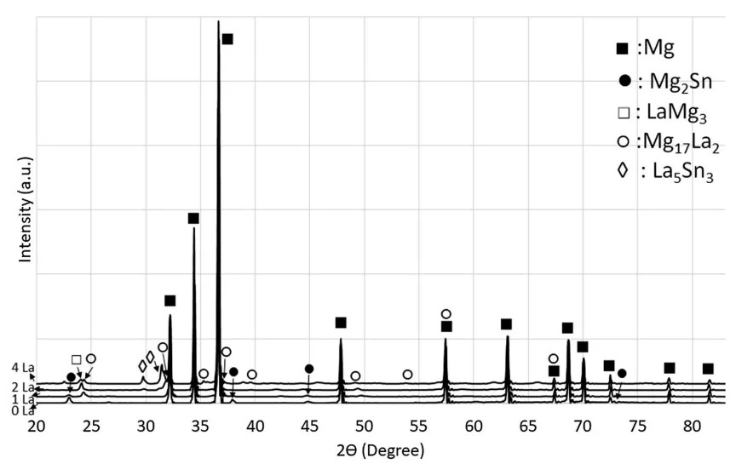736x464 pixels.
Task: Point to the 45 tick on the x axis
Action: pyautogui.click(x=309, y=422)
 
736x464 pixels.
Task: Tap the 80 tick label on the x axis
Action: pyautogui.click(x=691, y=422)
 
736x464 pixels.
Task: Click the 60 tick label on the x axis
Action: pyautogui.click(x=473, y=422)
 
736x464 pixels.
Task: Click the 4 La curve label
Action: pyautogui.click(x=21, y=368)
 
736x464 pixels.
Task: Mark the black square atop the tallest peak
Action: pyautogui.click(x=227, y=39)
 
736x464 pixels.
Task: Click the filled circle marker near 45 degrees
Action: pyautogui.click(x=309, y=369)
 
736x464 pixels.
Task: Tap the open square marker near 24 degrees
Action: pyautogui.click(x=77, y=360)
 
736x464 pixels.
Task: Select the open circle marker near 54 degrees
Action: pyautogui.click(x=407, y=375)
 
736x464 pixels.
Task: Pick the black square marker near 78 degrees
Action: pyautogui.click(x=670, y=368)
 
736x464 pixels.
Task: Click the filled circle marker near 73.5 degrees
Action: pyautogui.click(x=622, y=373)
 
